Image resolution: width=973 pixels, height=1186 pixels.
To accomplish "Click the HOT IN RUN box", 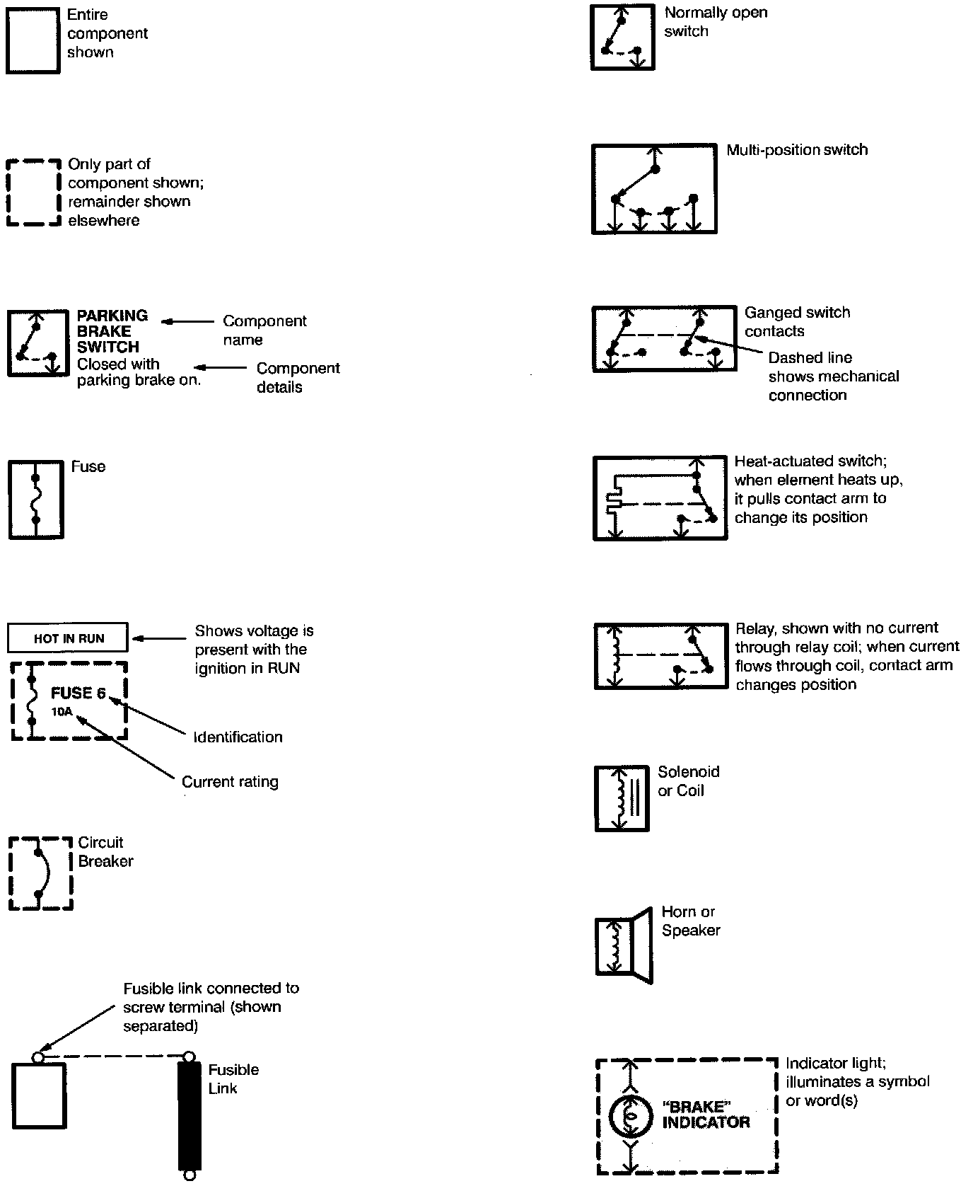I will point(68,638).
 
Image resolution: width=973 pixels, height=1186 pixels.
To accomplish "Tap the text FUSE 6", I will point(78,693).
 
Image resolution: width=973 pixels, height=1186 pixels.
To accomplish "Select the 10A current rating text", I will point(62,712).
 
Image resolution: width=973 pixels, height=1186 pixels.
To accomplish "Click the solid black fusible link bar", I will point(189,1115).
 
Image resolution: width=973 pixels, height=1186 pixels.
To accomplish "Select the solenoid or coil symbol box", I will point(622,798).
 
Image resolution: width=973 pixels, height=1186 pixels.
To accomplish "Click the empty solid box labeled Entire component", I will point(33,40).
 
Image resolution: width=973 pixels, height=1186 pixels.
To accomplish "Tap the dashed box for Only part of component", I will point(33,192).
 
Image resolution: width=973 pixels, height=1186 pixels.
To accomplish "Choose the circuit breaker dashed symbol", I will point(40,873).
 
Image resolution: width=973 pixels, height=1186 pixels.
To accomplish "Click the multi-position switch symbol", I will point(654,189).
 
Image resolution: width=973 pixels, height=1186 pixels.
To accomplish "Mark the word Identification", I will point(238,737).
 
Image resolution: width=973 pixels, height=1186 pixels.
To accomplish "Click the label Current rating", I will point(230,782).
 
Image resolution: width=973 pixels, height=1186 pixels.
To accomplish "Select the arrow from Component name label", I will point(187,322).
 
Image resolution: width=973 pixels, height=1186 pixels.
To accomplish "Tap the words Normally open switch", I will point(715,22).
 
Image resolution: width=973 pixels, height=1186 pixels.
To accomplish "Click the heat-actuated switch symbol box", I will point(660,498).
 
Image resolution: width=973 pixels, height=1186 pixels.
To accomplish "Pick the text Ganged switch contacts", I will point(796,322).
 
